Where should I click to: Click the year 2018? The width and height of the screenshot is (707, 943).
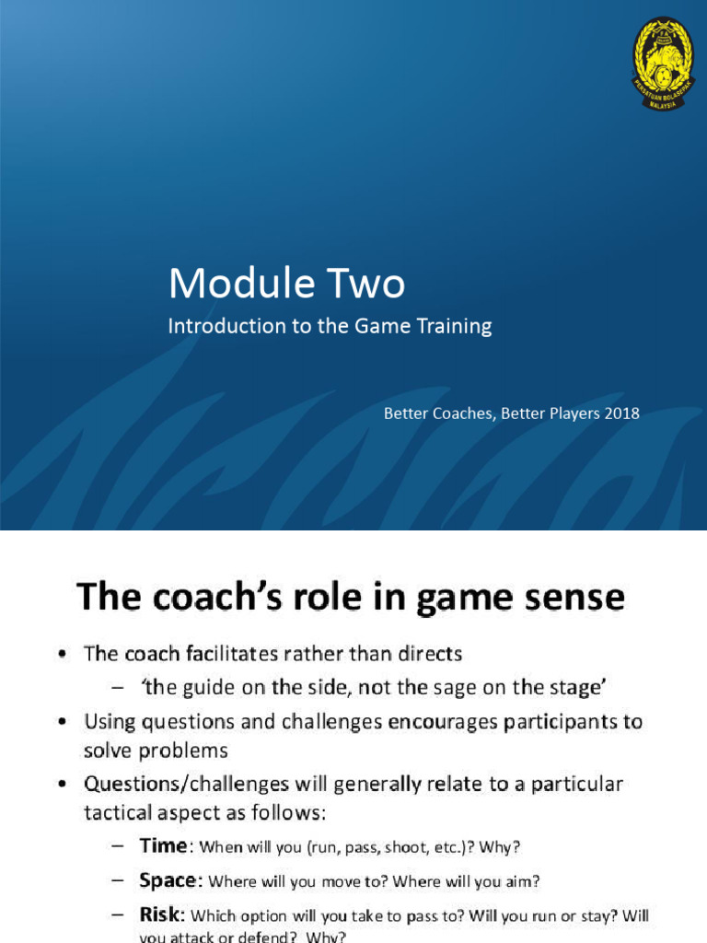pyautogui.click(x=621, y=413)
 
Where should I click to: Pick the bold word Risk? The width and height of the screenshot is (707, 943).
pyautogui.click(x=163, y=914)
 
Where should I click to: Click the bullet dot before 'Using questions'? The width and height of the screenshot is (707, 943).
pyautogui.click(x=61, y=722)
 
